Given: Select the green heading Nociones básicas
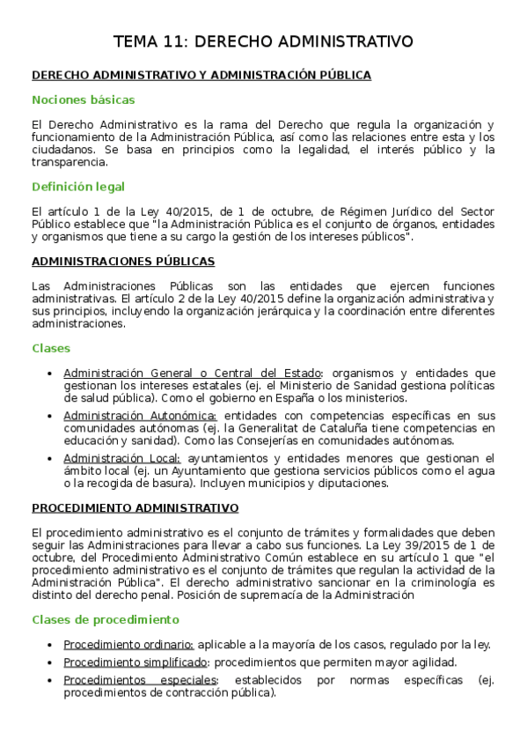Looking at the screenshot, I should (83, 100).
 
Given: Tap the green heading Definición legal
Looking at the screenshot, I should (78, 187).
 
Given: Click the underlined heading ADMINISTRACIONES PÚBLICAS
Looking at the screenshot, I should (123, 262).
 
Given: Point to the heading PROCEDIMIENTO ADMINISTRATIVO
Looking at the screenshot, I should (135, 508).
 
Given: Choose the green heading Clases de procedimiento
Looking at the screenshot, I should (93, 619).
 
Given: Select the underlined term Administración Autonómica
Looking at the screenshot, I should (140, 416).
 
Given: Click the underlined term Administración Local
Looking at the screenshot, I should (122, 458).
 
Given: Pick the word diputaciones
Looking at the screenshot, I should (353, 483).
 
